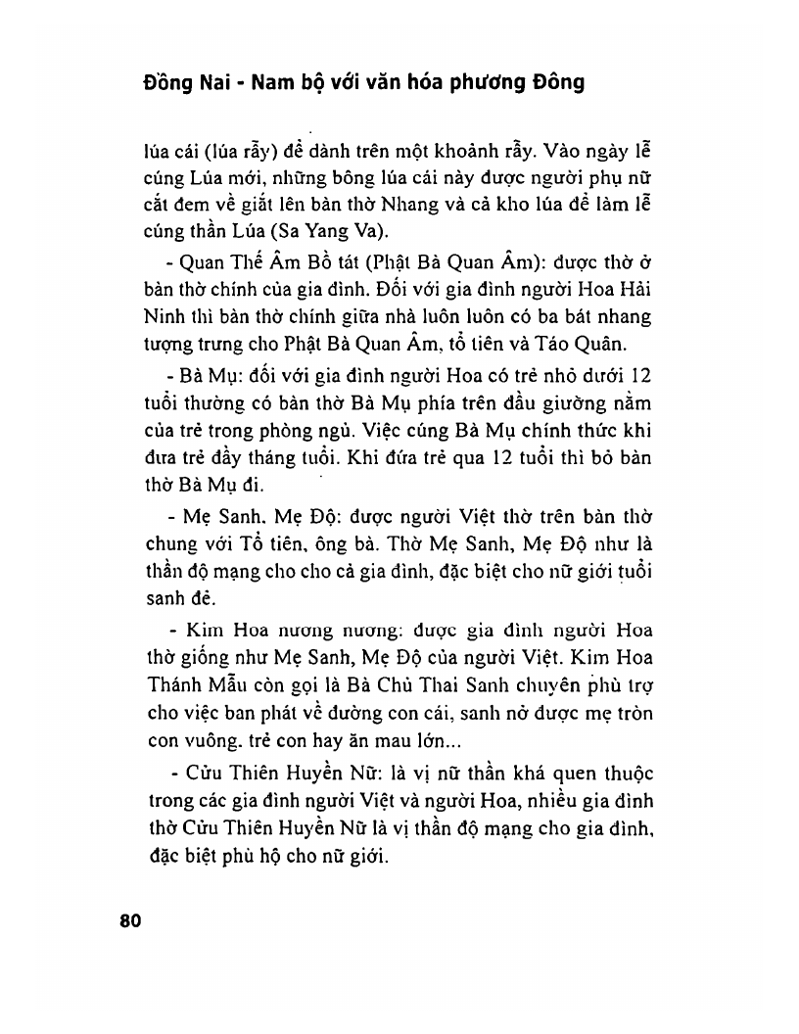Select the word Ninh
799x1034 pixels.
click(x=162, y=318)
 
